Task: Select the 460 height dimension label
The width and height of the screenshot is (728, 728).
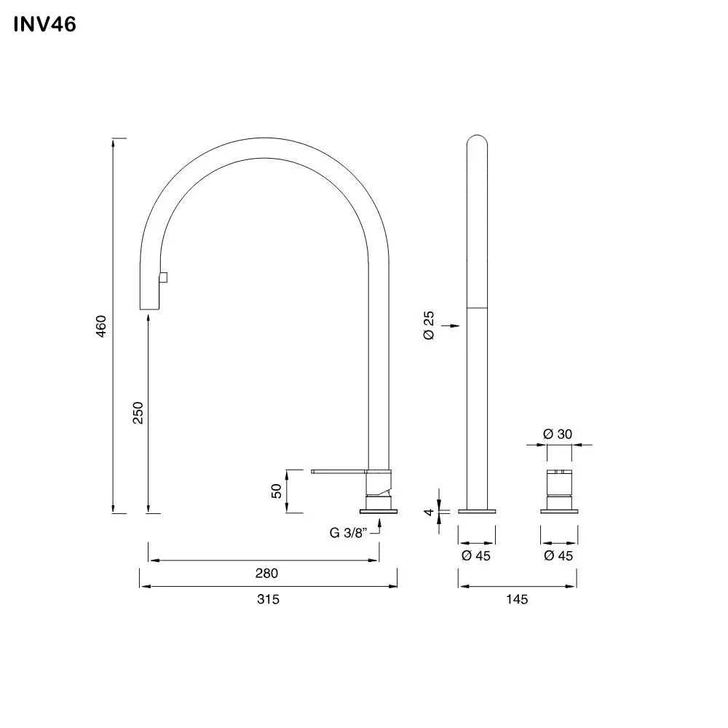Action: pyautogui.click(x=102, y=325)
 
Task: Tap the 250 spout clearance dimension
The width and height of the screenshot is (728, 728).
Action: pyautogui.click(x=139, y=413)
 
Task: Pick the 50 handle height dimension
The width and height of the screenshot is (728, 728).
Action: pyautogui.click(x=277, y=491)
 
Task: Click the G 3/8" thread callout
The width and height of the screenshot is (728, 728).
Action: pyautogui.click(x=347, y=532)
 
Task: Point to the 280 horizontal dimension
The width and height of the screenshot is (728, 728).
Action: pyautogui.click(x=266, y=573)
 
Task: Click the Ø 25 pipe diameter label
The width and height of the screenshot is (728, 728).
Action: pyautogui.click(x=428, y=325)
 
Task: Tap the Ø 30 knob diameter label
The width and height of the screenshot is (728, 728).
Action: pyautogui.click(x=558, y=434)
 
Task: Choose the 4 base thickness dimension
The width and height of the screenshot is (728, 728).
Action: pyautogui.click(x=430, y=512)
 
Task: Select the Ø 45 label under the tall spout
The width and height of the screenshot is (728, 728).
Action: pyautogui.click(x=477, y=555)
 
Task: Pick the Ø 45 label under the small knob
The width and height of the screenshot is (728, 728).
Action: pyautogui.click(x=558, y=555)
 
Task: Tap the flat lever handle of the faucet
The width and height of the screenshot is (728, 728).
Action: pyautogui.click(x=339, y=472)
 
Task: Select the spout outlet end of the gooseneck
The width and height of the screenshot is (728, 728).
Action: pyautogui.click(x=149, y=308)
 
